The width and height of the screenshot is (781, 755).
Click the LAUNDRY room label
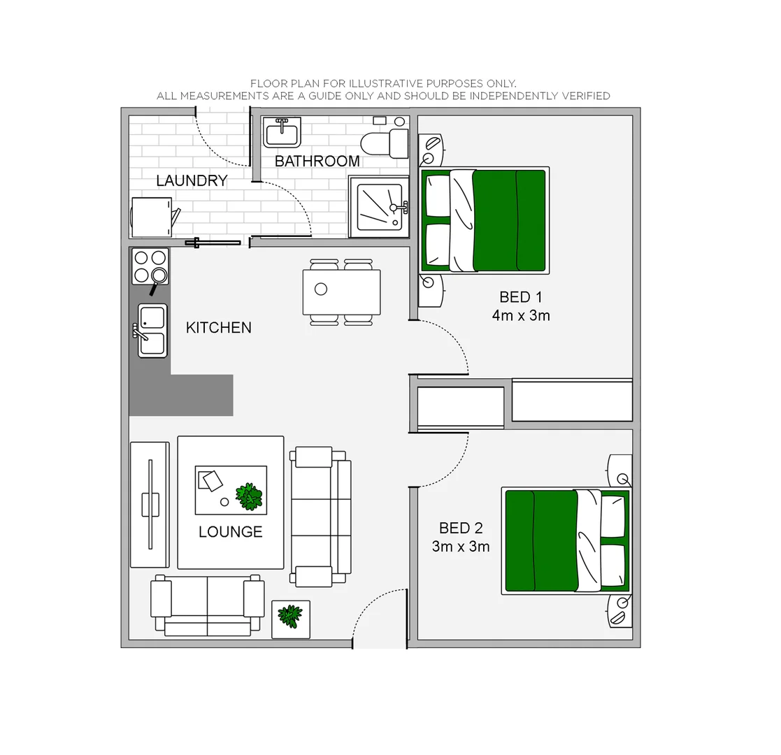coord(192,180)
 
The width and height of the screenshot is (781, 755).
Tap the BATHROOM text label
coord(317,161)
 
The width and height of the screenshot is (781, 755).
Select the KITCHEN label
coord(218,327)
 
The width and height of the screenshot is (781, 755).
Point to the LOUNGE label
coord(230,531)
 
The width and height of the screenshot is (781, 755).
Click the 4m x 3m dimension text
coord(520,315)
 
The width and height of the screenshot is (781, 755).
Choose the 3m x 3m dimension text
coord(460,546)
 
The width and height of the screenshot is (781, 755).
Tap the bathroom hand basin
coord(282,132)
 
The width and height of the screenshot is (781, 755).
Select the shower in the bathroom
coord(379,207)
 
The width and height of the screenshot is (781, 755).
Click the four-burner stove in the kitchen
coord(150,266)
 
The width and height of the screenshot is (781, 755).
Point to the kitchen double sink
coord(152,330)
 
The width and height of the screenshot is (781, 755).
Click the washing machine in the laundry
coord(152,217)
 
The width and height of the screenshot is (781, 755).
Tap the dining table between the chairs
coord(342,292)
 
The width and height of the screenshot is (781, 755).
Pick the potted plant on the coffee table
coord(249,496)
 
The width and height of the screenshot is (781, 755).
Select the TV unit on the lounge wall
coord(150,504)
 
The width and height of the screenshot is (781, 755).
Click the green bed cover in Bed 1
coord(509,220)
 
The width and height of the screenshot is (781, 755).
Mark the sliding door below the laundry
coord(217,243)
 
